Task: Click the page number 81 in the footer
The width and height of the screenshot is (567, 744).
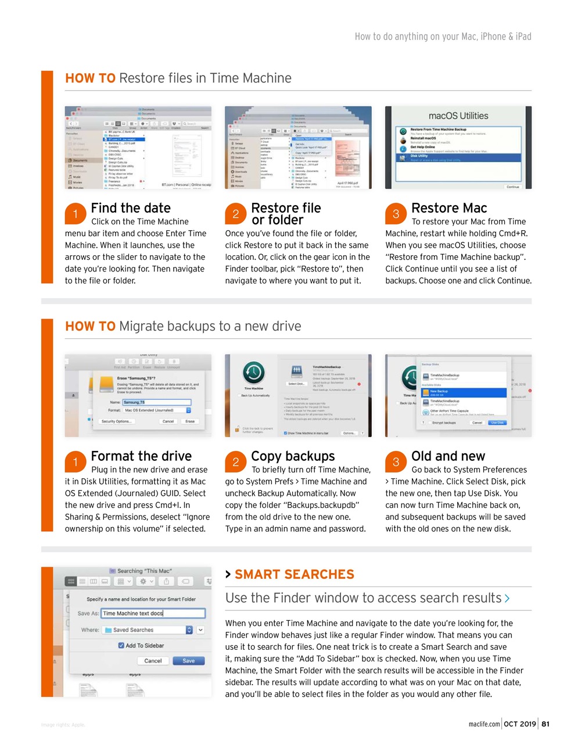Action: pyautogui.click(x=546, y=724)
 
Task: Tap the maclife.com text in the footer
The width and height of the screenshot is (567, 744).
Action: pyautogui.click(x=484, y=724)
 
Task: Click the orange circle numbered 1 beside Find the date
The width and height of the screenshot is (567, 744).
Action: pyautogui.click(x=76, y=214)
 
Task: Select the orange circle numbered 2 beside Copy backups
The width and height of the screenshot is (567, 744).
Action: pyautogui.click(x=235, y=462)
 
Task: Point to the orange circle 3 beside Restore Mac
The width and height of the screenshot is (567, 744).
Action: pyautogui.click(x=396, y=214)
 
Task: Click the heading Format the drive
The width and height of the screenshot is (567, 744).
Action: pyautogui.click(x=141, y=456)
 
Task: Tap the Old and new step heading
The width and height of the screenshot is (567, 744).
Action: pyautogui.click(x=448, y=456)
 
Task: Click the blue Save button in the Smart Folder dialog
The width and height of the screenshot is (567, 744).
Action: pyautogui.click(x=189, y=661)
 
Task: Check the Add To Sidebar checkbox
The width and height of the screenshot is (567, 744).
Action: pyautogui.click(x=121, y=645)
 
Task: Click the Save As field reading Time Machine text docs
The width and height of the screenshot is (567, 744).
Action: pyautogui.click(x=153, y=613)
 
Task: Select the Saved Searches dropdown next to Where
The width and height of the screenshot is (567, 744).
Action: pyautogui.click(x=148, y=630)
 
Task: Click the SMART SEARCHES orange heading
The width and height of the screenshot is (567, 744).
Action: pyautogui.click(x=294, y=574)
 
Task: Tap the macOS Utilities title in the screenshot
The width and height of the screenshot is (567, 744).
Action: pyautogui.click(x=458, y=116)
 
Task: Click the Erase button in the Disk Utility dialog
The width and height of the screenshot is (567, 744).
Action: pyautogui.click(x=190, y=421)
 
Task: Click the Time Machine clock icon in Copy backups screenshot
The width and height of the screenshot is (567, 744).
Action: pyautogui.click(x=253, y=372)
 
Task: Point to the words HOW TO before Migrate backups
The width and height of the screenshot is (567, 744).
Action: pyautogui.click(x=90, y=326)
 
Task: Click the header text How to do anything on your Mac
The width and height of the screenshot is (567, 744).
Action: pyautogui.click(x=443, y=37)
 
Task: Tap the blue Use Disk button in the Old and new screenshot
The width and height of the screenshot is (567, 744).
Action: pyautogui.click(x=497, y=423)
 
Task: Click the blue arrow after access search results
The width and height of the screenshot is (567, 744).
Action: pyautogui.click(x=507, y=598)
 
